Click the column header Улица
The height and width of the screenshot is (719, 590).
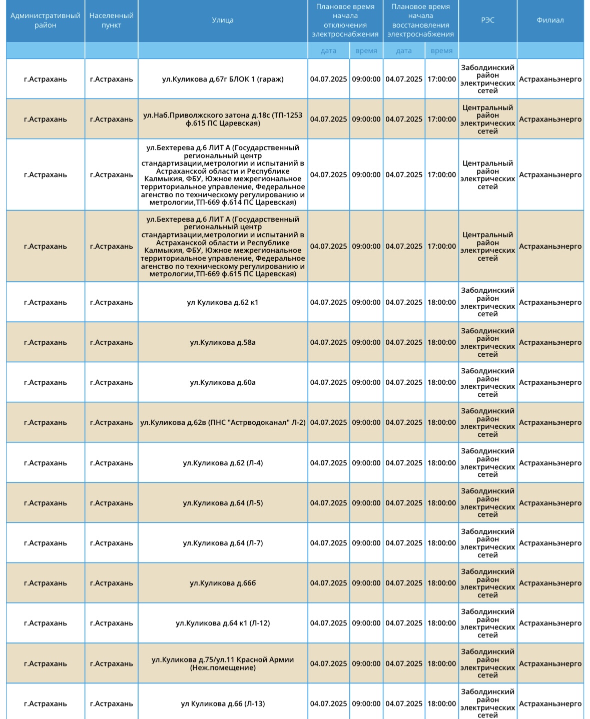point(223,21)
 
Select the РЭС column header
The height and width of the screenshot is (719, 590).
point(487,21)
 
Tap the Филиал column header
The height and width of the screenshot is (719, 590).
point(550,21)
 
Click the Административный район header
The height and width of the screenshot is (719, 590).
point(46,21)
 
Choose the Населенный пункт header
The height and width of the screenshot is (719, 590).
point(111,21)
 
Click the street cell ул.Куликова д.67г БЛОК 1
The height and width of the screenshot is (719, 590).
point(223,79)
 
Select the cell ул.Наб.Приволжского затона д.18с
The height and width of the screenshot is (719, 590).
point(223,119)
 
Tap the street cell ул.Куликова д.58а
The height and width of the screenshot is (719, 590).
point(223,342)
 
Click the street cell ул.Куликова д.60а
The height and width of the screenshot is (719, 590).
point(223,382)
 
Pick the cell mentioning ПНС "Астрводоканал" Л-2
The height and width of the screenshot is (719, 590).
point(223,422)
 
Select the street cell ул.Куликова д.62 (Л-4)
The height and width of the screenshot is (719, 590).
point(223,463)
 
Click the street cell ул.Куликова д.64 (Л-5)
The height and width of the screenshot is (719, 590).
point(223,503)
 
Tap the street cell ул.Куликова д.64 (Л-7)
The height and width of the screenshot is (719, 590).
point(223,543)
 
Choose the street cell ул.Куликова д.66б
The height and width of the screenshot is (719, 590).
point(223,583)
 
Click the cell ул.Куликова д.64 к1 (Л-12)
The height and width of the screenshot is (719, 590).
point(223,623)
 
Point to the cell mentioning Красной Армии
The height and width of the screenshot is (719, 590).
point(223,663)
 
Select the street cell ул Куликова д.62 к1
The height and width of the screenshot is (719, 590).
point(223,302)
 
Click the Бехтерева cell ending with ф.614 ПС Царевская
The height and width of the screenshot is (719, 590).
point(223,175)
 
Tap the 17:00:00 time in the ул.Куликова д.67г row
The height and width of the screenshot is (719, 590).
point(441,79)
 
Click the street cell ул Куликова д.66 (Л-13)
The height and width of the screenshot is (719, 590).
point(223,703)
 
